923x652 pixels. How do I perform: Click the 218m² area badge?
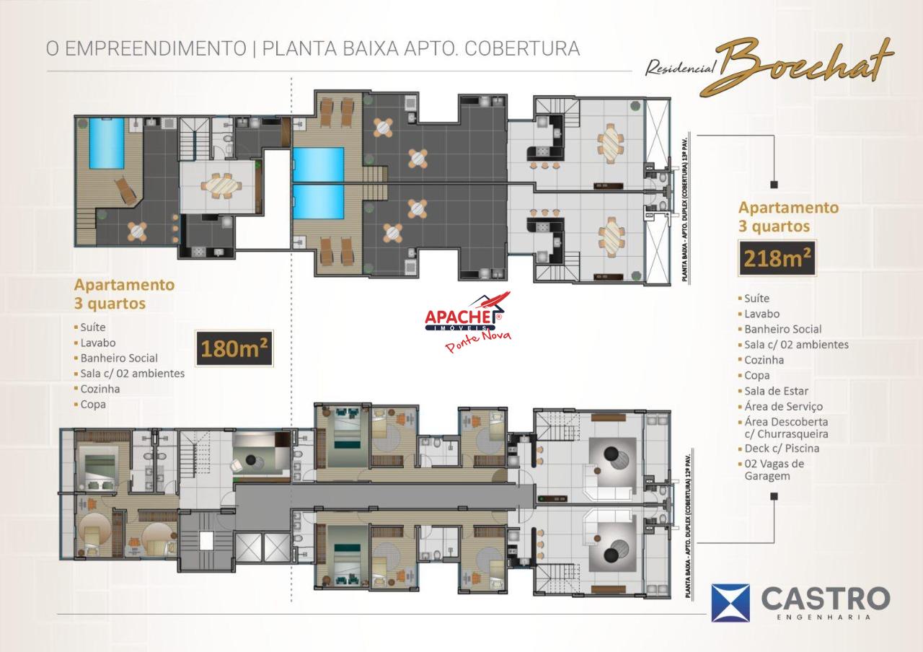coord(777,258)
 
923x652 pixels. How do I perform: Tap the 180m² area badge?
coord(234,348)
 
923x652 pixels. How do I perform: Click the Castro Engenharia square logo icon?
coord(730,602)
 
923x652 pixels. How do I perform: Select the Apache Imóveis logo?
coord(467,322)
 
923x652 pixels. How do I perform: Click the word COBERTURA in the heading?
coord(522,48)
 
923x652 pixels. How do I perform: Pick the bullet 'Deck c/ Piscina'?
coord(778,448)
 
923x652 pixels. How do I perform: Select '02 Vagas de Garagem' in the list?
coord(772,470)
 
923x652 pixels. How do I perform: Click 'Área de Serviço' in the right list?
coord(780,406)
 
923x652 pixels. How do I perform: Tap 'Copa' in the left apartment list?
coord(90,405)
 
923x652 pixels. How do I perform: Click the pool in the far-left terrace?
coord(107,143)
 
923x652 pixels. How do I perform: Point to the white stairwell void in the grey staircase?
coord(206,540)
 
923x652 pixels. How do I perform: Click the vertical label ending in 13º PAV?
coord(684,209)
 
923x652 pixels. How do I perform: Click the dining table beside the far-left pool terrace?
coord(221,186)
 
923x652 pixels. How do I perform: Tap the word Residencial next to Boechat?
coord(680,68)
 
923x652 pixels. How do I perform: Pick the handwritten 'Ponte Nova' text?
coord(478,340)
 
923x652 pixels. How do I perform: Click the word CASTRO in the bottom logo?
coord(826,599)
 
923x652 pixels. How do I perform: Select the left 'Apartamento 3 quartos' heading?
coord(125,294)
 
